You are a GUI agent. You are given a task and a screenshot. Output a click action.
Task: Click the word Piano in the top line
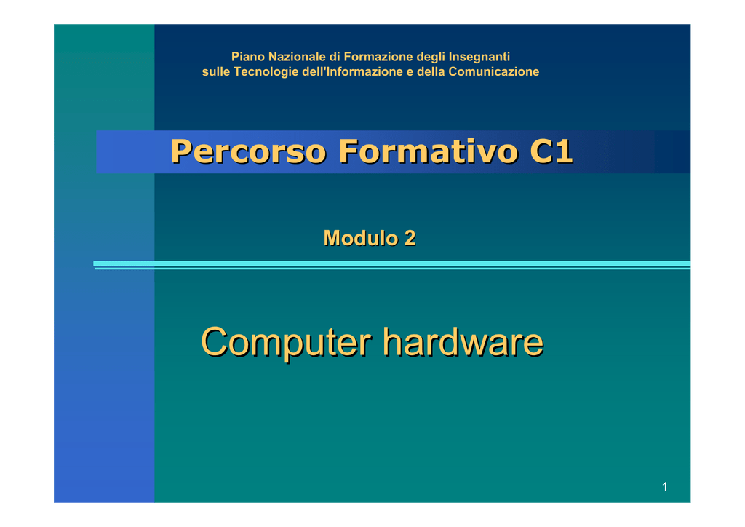point(248,57)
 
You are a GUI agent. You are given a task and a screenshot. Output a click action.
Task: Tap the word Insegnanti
point(479,57)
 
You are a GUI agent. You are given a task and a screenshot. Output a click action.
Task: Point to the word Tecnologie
point(266,72)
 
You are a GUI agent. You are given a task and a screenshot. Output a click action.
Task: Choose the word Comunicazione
point(494,71)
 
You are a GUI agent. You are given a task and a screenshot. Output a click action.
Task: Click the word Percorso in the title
point(249,151)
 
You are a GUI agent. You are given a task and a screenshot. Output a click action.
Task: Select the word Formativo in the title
point(428,151)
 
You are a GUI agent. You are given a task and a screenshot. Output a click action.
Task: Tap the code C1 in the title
point(551,151)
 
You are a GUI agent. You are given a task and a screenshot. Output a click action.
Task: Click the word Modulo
point(361,238)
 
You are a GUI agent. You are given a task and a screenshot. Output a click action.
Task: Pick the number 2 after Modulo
point(410,238)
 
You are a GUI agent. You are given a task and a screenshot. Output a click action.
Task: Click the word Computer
point(287,342)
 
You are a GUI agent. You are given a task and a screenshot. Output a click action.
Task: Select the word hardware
point(463,341)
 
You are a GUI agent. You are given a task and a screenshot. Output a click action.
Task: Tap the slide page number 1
point(665,487)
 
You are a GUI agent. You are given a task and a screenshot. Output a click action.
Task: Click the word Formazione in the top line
point(378,57)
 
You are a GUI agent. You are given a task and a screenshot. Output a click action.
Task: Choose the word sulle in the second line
point(215,72)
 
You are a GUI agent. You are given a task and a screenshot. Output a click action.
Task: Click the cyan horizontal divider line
point(392,263)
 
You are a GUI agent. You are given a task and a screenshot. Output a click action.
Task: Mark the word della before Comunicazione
point(431,72)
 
